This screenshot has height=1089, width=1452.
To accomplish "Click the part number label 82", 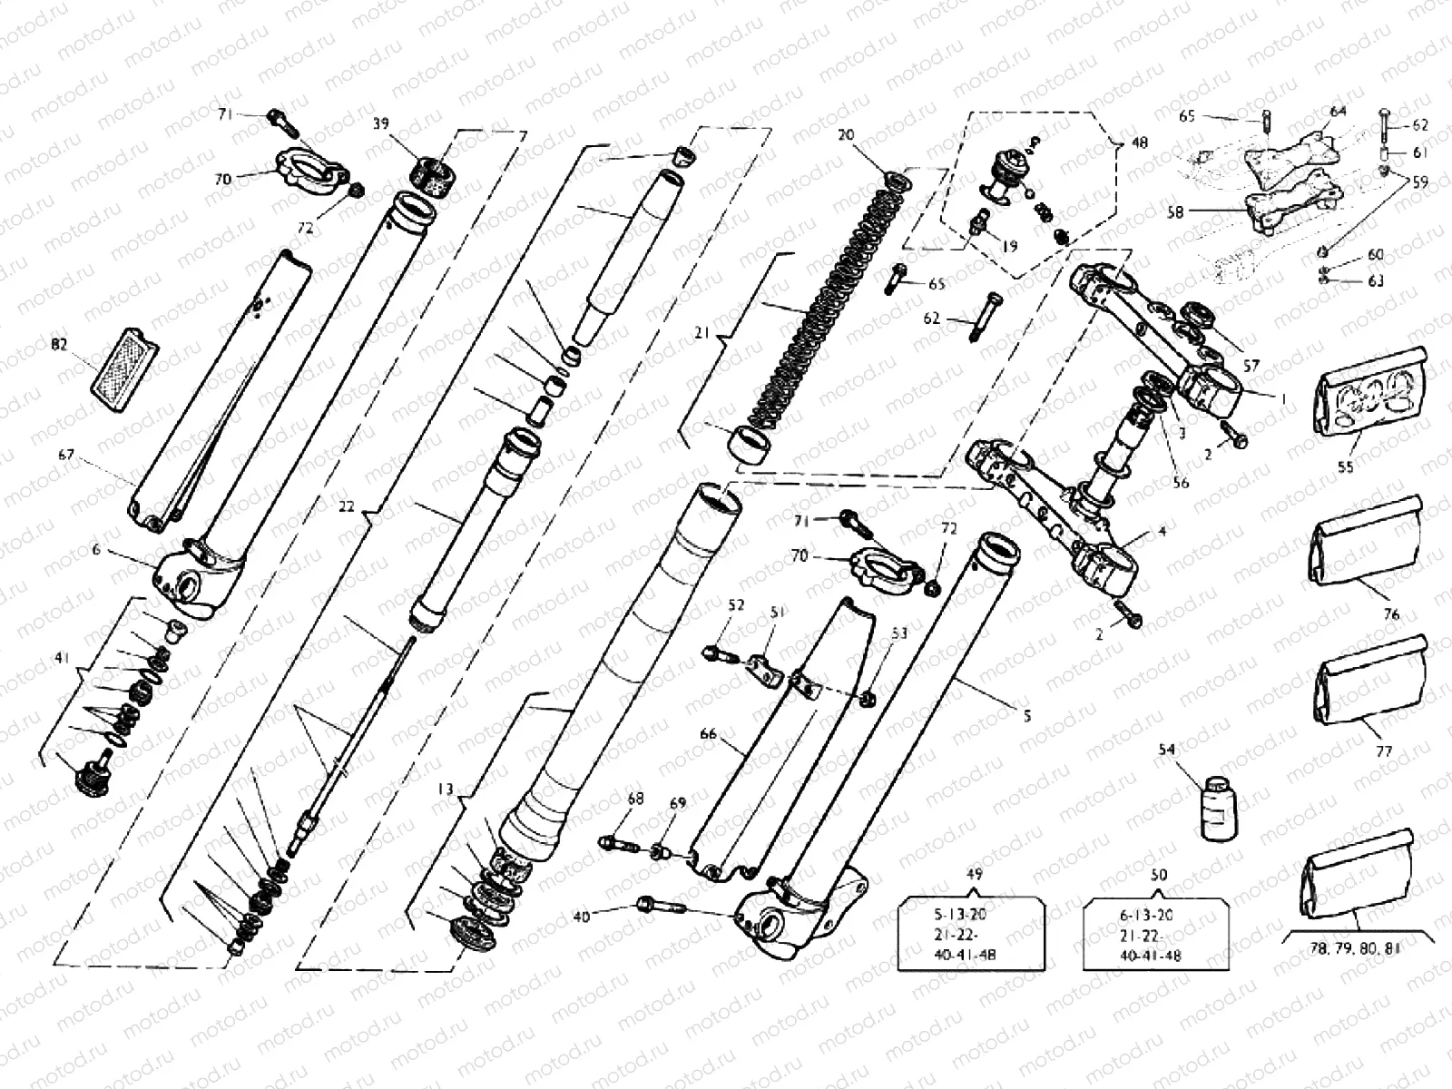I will [x=60, y=346].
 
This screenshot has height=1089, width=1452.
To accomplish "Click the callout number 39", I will [x=381, y=123].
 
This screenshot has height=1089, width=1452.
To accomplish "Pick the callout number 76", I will [x=1391, y=614].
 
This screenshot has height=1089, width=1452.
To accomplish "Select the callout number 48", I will [x=1140, y=142].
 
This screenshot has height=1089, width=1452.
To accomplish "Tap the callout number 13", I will [x=445, y=790].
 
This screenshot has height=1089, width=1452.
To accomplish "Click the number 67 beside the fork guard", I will [x=65, y=456].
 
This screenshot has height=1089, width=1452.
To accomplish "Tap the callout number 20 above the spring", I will [x=846, y=135].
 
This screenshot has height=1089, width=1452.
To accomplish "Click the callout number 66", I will [x=708, y=735].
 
